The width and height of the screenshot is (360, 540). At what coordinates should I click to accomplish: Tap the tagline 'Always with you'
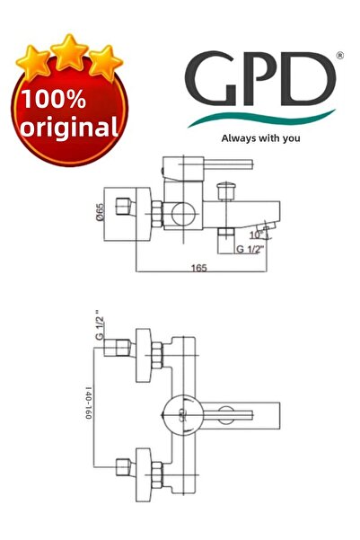[x=261, y=138]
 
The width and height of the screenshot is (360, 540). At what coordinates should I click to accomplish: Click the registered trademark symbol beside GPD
[x=338, y=57]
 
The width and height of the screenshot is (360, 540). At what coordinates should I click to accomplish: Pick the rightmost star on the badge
[x=104, y=61]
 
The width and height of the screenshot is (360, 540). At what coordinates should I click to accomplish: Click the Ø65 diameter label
[x=101, y=217]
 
